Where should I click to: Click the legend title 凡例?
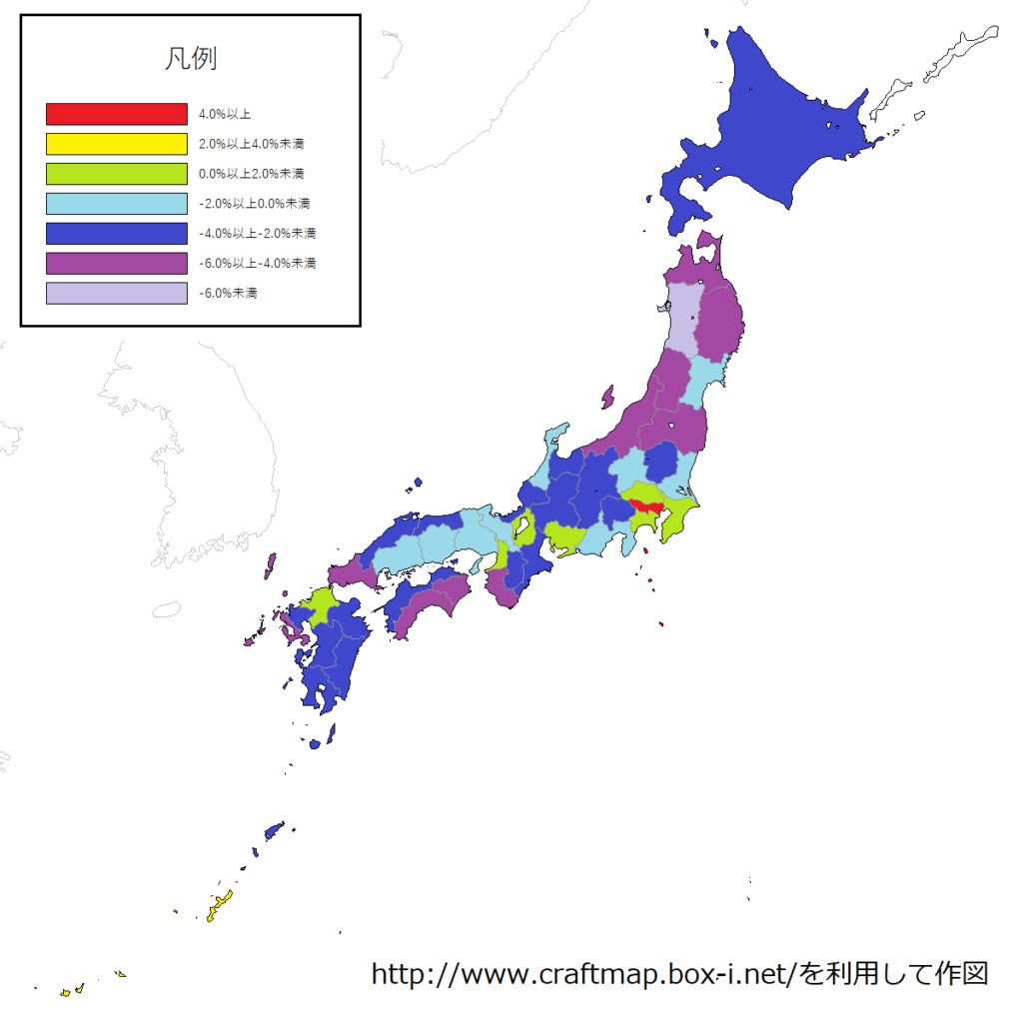tap(190, 58)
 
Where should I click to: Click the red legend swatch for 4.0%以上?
tap(117, 114)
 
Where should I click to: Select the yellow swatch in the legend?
tap(117, 144)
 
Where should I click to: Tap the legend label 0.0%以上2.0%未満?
tap(252, 174)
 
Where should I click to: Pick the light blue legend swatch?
tap(117, 204)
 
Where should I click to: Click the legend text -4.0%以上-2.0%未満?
tap(257, 234)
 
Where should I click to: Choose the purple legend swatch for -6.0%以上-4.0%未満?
tap(117, 264)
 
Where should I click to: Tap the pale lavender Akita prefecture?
tap(684, 315)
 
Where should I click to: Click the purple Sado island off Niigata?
tap(606, 397)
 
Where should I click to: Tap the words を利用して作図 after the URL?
tap(893, 973)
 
